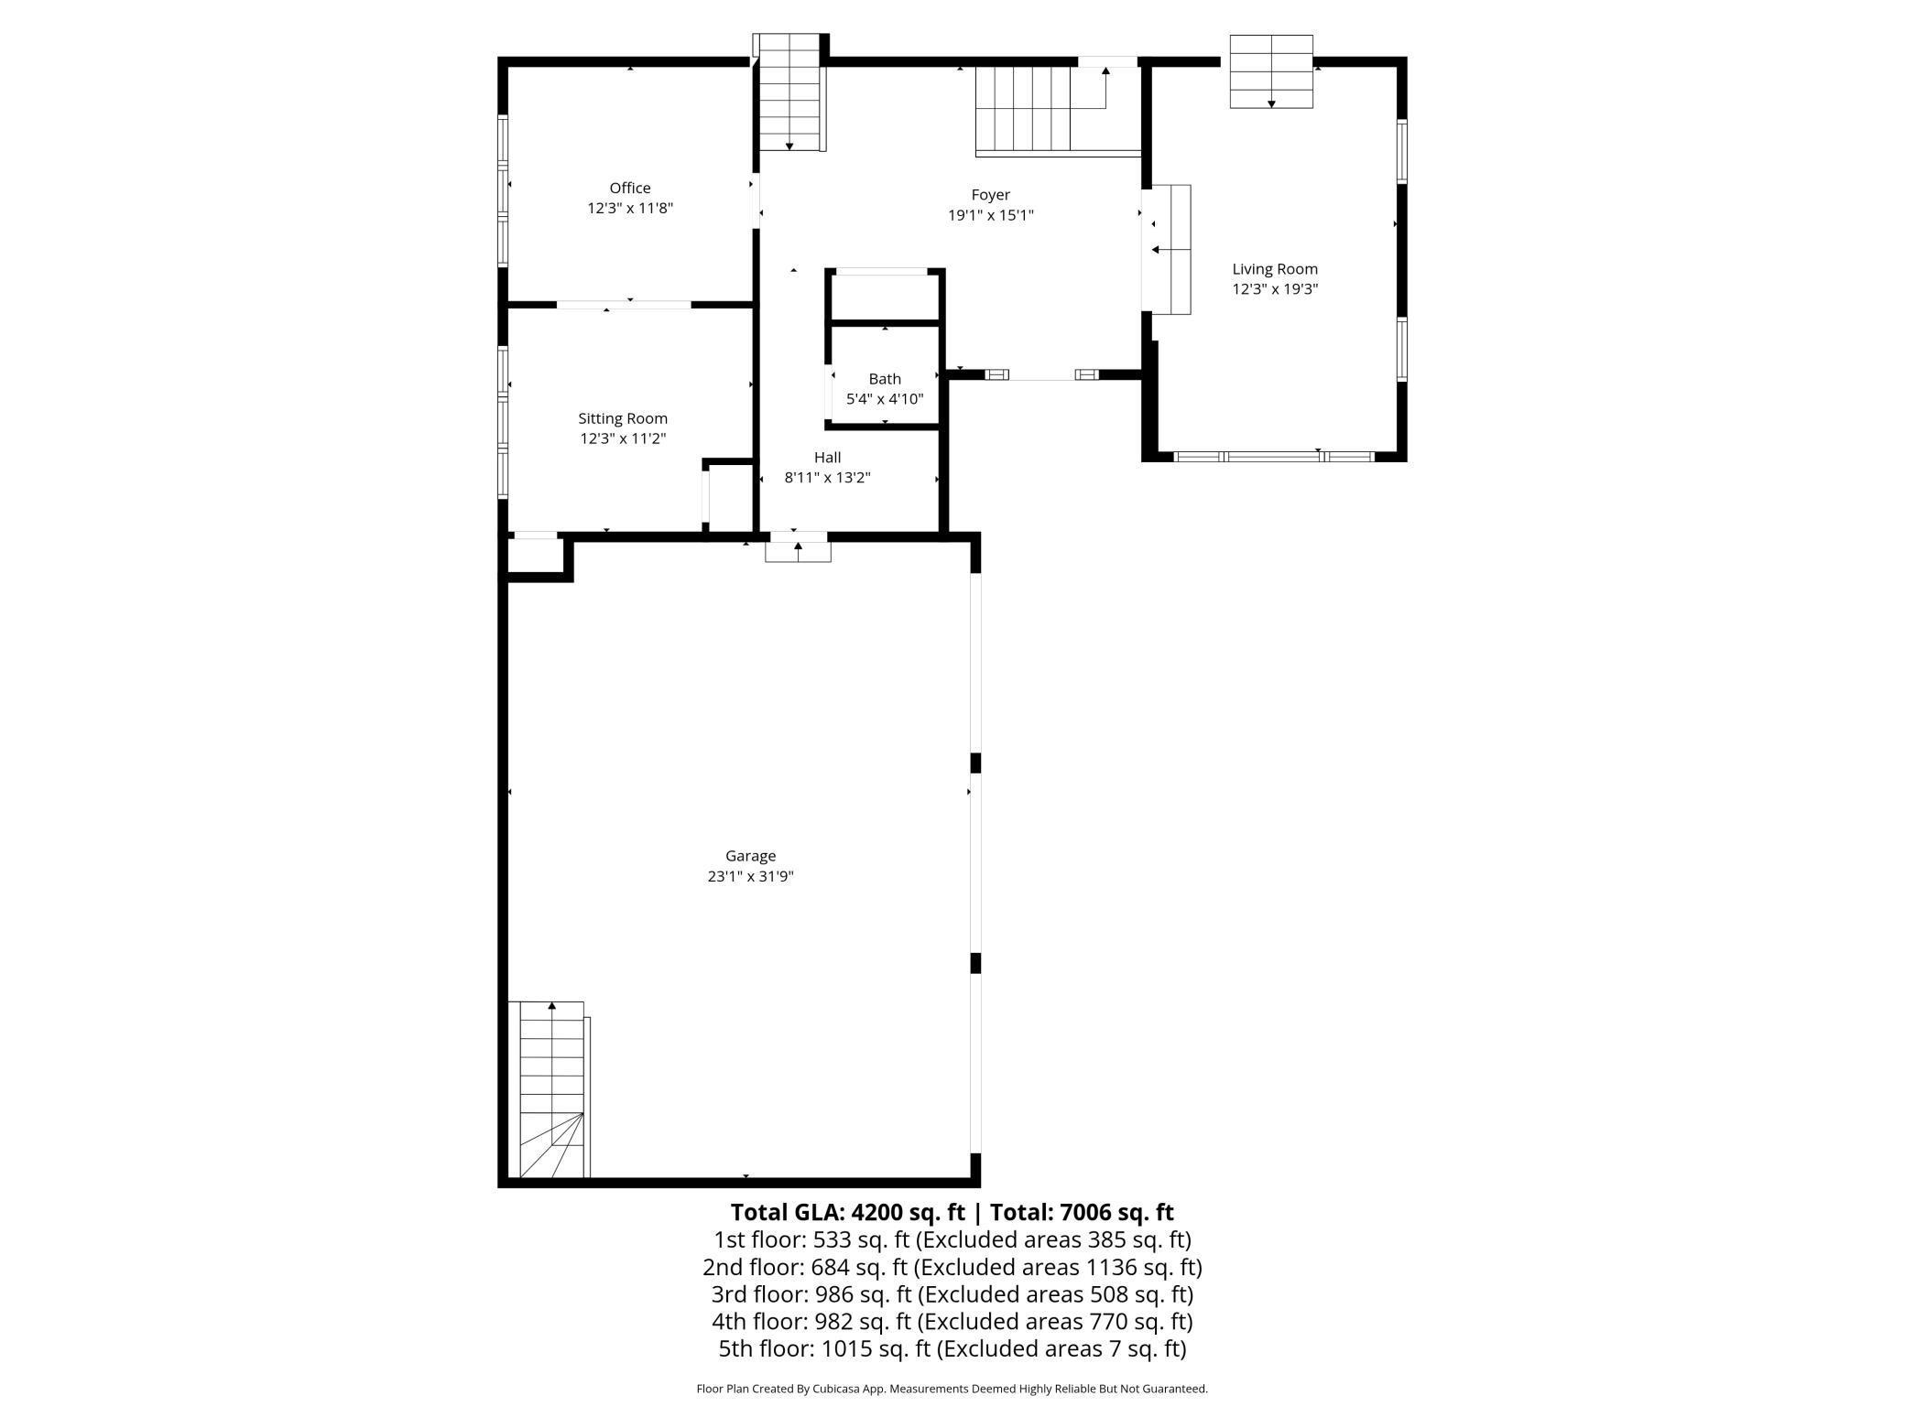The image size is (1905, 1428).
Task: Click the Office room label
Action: coord(630,188)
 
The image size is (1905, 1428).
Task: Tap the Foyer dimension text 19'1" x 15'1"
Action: coord(990,215)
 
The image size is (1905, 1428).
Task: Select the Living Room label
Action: coord(1275,269)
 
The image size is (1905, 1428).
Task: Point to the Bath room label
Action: coord(885,379)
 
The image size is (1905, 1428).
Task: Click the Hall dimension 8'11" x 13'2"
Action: coord(827,477)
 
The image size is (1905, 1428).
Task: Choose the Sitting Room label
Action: coord(623,418)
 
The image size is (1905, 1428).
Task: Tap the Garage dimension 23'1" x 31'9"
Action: coord(750,876)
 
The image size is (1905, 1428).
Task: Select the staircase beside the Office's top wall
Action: coord(789,92)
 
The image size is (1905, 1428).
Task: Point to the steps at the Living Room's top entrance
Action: coord(1271,71)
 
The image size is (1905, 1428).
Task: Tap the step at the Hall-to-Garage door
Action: coord(799,552)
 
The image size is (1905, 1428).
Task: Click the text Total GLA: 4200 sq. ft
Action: coord(848,1212)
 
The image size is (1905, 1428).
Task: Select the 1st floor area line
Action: coord(952,1239)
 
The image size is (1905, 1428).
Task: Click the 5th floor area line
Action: coord(952,1348)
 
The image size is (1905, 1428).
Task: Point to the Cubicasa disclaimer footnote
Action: coord(952,1389)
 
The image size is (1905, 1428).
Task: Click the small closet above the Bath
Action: coord(885,297)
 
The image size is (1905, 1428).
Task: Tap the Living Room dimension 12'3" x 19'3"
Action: coord(1275,289)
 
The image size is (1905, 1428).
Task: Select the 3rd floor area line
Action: coord(952,1294)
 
